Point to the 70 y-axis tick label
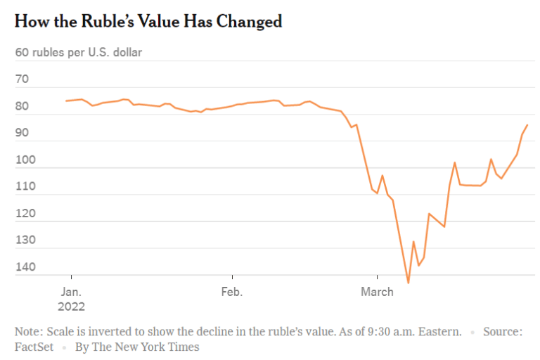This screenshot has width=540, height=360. coord(22,79)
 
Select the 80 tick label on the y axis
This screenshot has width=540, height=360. coord(22,106)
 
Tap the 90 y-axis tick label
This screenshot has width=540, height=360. coord(22,133)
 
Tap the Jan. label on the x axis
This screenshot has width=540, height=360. coord(71,292)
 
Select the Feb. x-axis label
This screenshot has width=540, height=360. coord(231,292)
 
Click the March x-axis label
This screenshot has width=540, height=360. coord(377,292)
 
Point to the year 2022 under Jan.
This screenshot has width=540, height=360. coord(72,306)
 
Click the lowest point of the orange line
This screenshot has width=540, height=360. coord(408,283)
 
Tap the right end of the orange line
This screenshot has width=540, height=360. coord(527,124)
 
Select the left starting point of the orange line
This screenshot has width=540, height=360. coord(66,101)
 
